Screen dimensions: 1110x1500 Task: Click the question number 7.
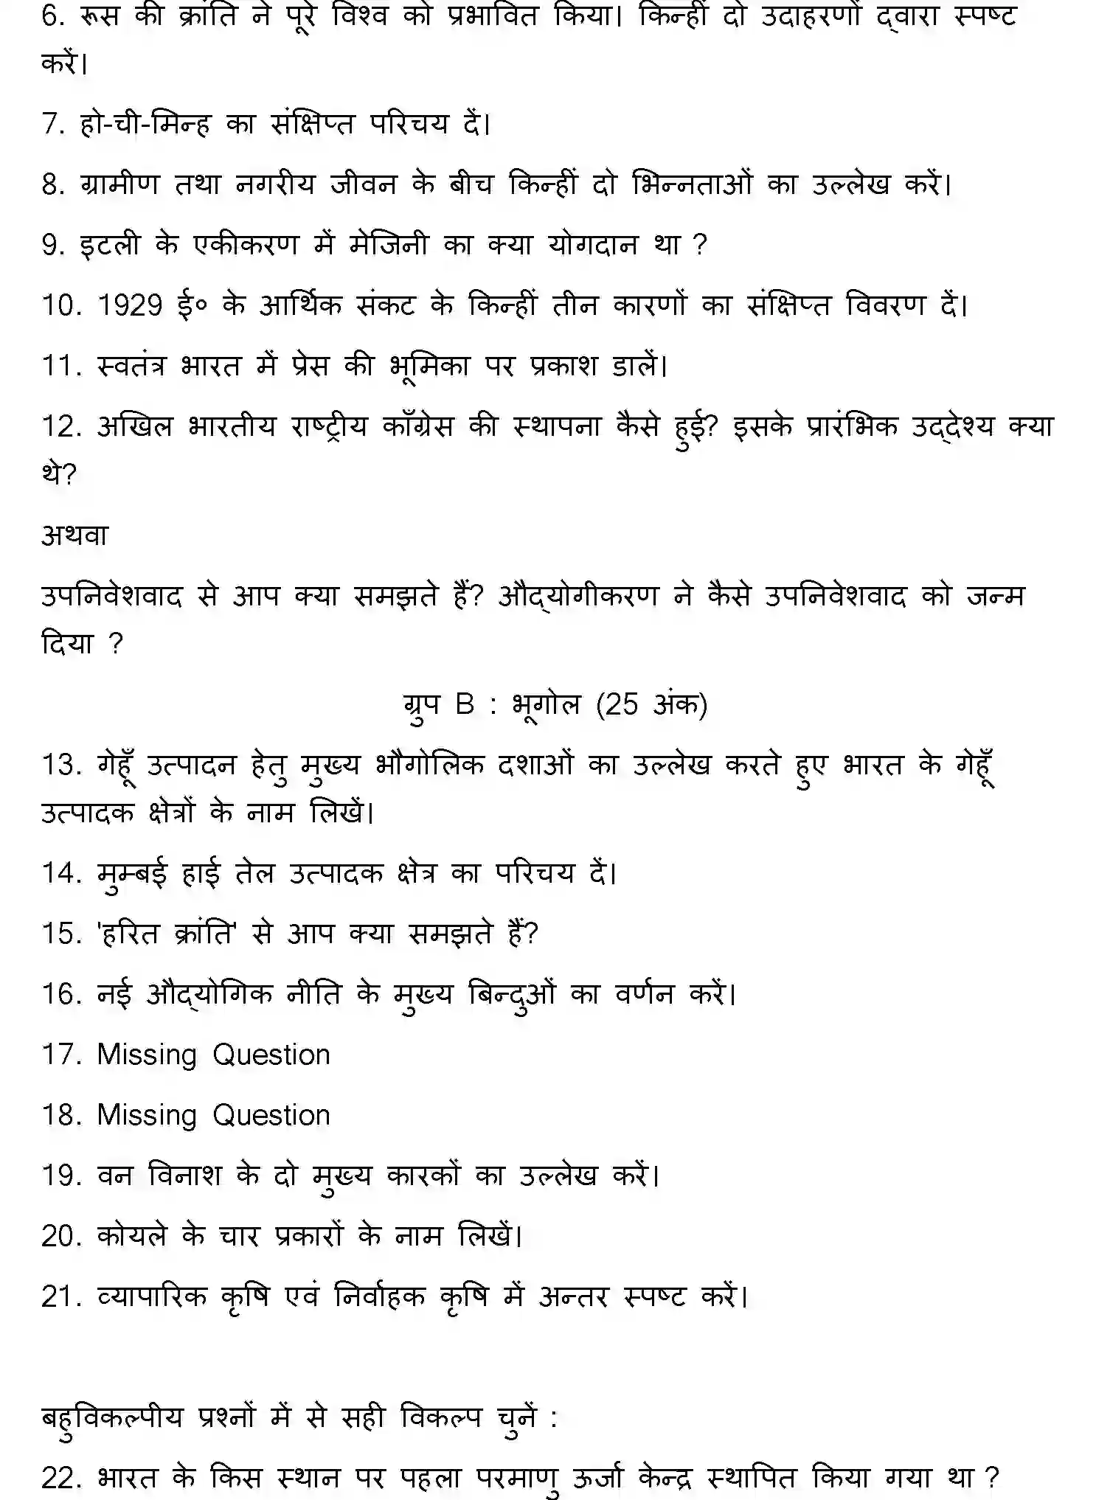[54, 124]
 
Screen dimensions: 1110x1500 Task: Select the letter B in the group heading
[465, 704]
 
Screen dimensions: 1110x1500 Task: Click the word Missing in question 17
[147, 1055]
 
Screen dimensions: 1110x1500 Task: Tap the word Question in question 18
[271, 1116]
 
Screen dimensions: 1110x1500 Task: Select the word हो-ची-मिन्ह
[145, 124]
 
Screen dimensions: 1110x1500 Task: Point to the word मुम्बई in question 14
[132, 874]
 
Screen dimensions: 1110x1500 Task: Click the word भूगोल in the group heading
[547, 704]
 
